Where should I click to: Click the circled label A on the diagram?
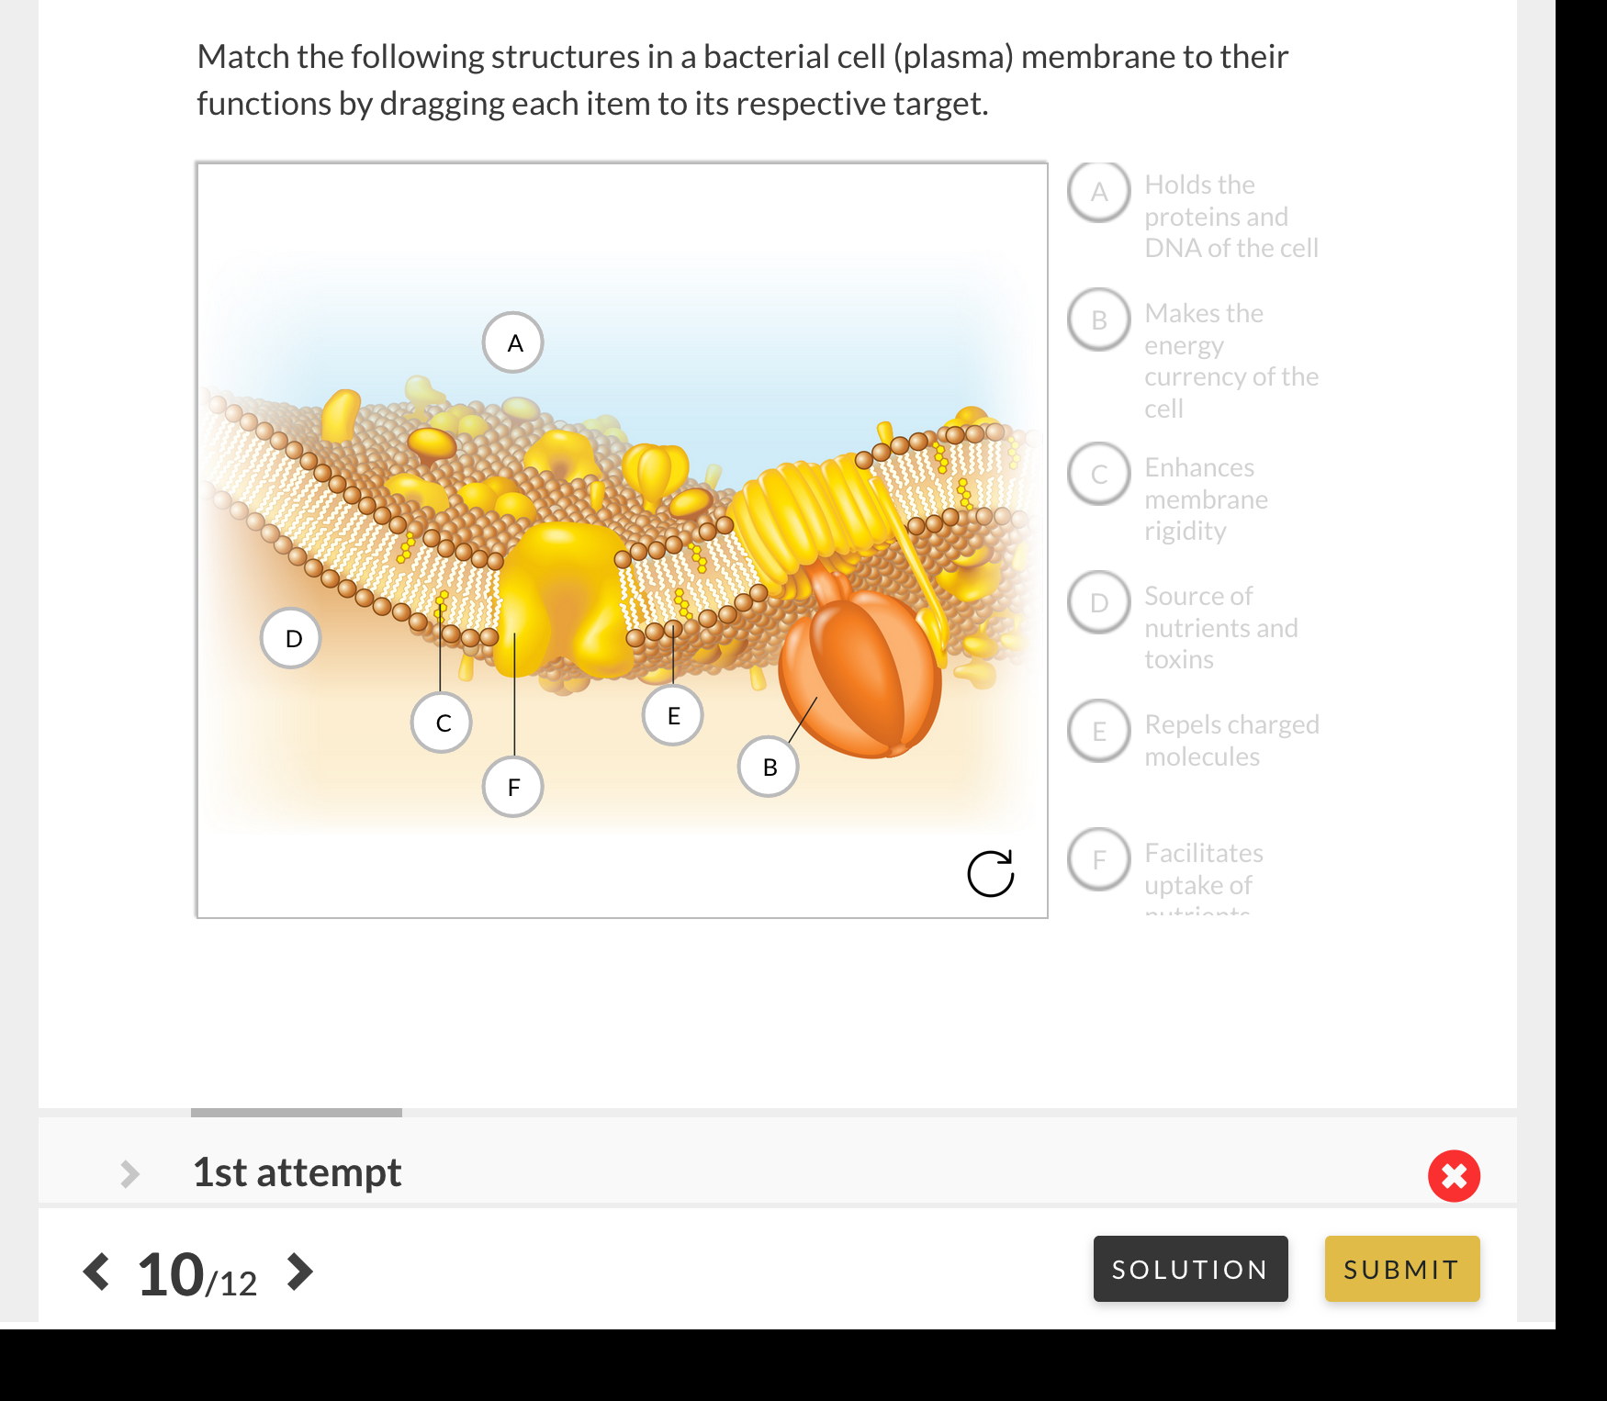coord(513,342)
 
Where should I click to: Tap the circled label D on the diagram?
coord(291,638)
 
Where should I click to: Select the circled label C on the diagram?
coord(442,723)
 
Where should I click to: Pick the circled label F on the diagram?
coord(513,787)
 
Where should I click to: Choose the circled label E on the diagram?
coord(673,715)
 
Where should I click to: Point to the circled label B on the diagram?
coord(769,767)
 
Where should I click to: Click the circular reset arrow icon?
coord(991,873)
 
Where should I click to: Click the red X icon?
coord(1454,1175)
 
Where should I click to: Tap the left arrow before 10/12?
coord(96,1272)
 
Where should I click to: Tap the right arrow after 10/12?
coord(299,1272)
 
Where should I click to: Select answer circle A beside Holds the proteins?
coord(1099,192)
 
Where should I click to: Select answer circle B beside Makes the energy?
coord(1099,319)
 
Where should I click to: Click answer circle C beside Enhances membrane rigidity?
coord(1099,474)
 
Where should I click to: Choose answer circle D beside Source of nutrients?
coord(1099,602)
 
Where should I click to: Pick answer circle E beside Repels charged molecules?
coord(1099,731)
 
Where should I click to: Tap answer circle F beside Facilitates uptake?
coord(1099,859)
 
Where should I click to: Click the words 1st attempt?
coord(297,1172)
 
